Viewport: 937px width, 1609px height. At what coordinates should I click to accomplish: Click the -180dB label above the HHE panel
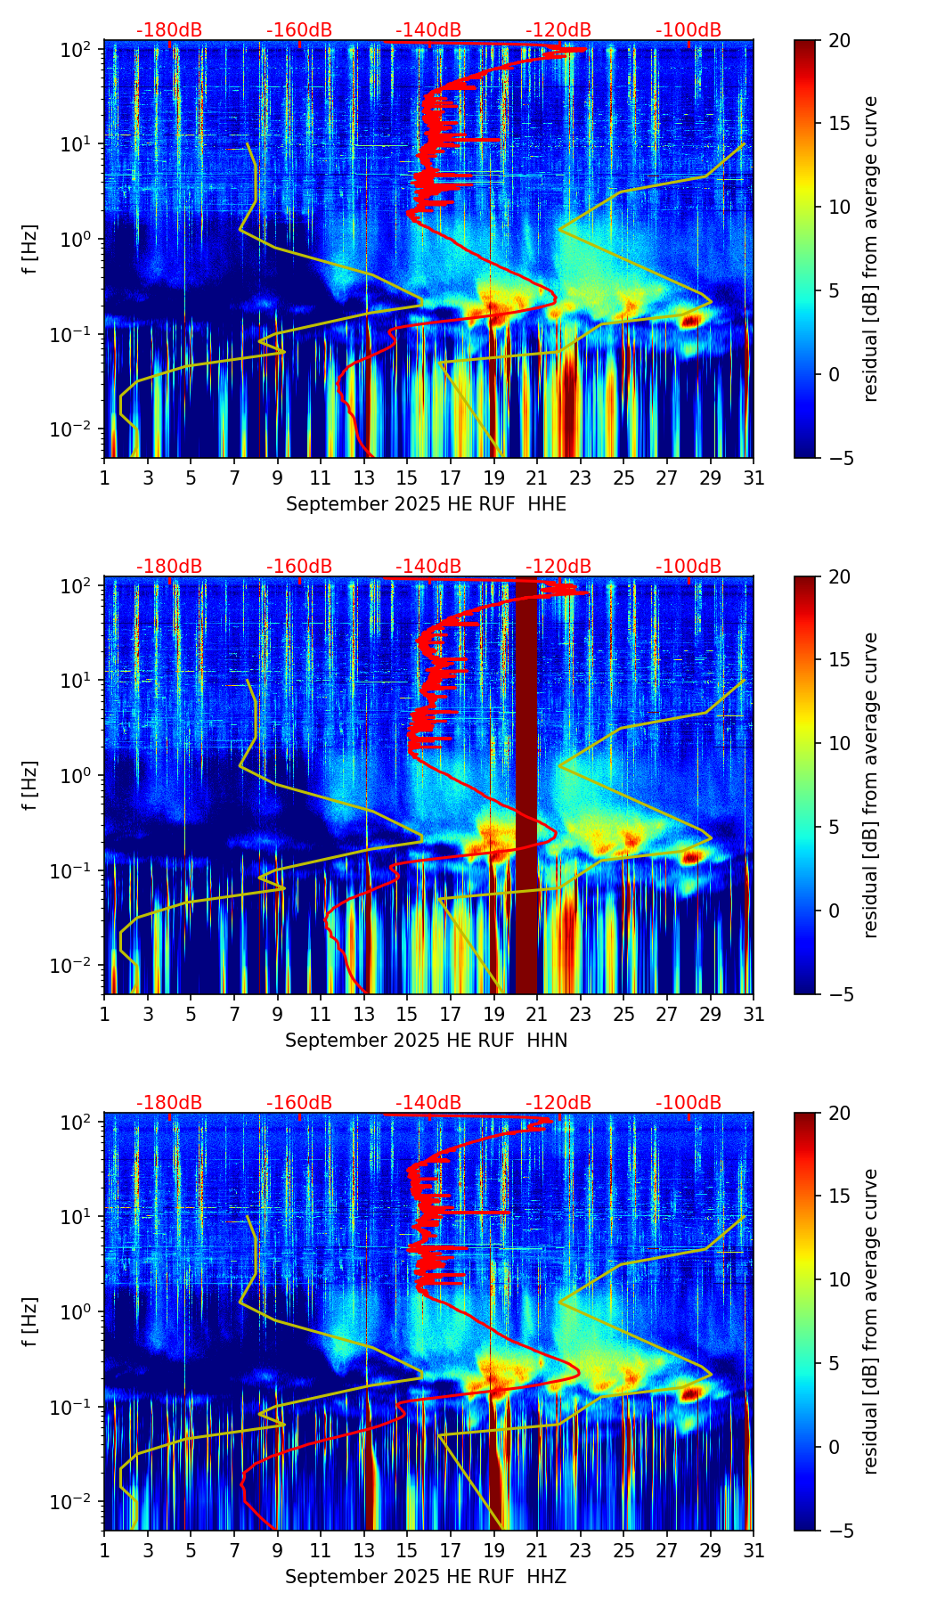click(169, 30)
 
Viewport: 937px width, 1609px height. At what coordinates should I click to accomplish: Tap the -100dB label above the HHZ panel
click(688, 1103)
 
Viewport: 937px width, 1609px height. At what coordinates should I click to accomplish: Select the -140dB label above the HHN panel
click(428, 567)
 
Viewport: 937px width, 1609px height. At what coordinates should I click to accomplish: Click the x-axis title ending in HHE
click(426, 504)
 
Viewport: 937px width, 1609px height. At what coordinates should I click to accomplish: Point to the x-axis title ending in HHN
click(426, 1041)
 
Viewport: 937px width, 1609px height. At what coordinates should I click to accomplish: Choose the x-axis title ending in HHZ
click(426, 1577)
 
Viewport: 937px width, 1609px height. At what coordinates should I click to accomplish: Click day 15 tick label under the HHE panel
click(407, 478)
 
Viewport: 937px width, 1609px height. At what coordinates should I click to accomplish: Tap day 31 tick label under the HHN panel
click(754, 1015)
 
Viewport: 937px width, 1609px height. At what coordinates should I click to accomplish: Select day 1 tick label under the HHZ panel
click(104, 1551)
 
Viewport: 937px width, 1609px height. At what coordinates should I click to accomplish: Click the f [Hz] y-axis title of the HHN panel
click(30, 785)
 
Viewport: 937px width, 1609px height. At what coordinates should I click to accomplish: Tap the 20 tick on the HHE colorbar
click(839, 41)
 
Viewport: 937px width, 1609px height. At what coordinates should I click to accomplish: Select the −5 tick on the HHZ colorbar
click(839, 1531)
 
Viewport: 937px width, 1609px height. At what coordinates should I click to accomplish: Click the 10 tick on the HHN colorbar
click(839, 743)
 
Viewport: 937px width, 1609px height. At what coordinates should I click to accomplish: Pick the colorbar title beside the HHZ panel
click(870, 1321)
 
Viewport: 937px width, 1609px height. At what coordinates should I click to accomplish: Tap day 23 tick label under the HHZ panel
click(581, 1551)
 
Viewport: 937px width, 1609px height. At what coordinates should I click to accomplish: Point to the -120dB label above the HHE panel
click(558, 30)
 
